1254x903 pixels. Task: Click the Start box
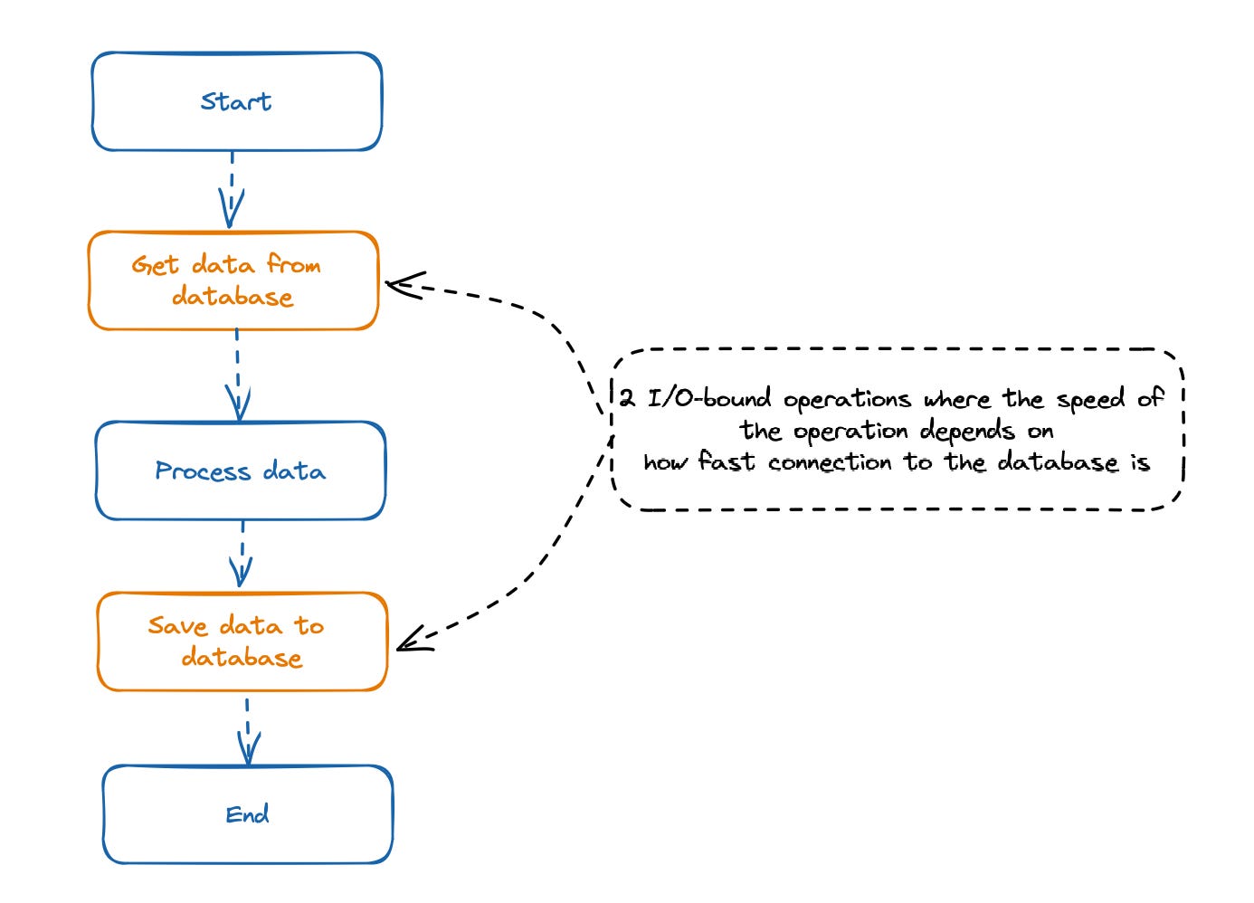pyautogui.click(x=236, y=101)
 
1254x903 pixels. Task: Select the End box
pyautogui.click(x=247, y=814)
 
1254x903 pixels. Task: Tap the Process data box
pyautogui.click(x=240, y=471)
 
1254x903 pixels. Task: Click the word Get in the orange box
pyautogui.click(x=155, y=265)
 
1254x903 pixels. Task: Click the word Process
pyautogui.click(x=203, y=471)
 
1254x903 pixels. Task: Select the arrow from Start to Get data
pyautogui.click(x=232, y=190)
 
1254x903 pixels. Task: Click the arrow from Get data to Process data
pyautogui.click(x=237, y=375)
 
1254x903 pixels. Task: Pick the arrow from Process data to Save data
pyautogui.click(x=242, y=555)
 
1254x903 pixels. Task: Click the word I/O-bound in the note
pyautogui.click(x=708, y=399)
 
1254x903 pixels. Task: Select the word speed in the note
pyautogui.click(x=1090, y=400)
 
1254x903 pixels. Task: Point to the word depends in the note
pyautogui.click(x=966, y=432)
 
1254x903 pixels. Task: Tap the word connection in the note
pyautogui.click(x=830, y=463)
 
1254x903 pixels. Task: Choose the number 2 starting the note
pyautogui.click(x=627, y=398)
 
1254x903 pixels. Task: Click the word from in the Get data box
pyautogui.click(x=293, y=265)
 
